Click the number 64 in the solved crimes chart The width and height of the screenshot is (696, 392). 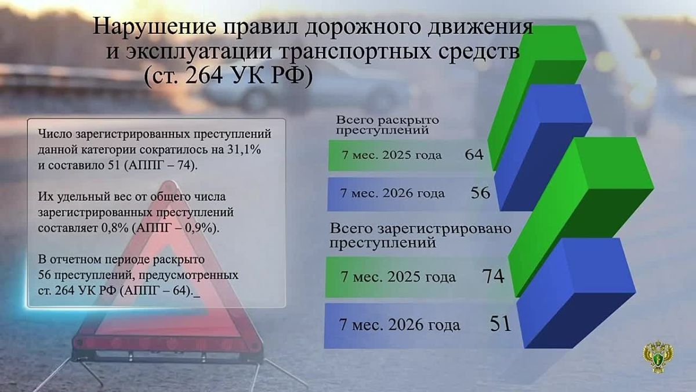pos(474,154)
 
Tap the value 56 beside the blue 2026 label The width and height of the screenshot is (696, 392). pos(480,193)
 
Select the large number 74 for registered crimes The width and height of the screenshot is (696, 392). pos(493,276)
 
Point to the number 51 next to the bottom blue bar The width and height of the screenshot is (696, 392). pos(501,323)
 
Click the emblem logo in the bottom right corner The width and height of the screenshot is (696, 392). pos(658,357)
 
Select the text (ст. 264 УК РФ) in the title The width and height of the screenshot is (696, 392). pos(229,75)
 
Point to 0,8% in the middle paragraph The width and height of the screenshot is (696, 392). pos(115,228)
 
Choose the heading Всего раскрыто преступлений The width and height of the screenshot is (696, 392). pos(387,125)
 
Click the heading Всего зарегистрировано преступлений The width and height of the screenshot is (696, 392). pos(420,236)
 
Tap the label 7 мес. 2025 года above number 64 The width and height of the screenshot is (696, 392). pos(391,155)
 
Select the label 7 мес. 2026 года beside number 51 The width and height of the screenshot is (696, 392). pos(400,325)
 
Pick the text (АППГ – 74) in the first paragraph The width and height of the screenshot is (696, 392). pos(160,165)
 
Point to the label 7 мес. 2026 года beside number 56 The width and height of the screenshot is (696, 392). pos(393,193)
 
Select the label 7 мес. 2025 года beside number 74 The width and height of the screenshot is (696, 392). pos(398,276)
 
